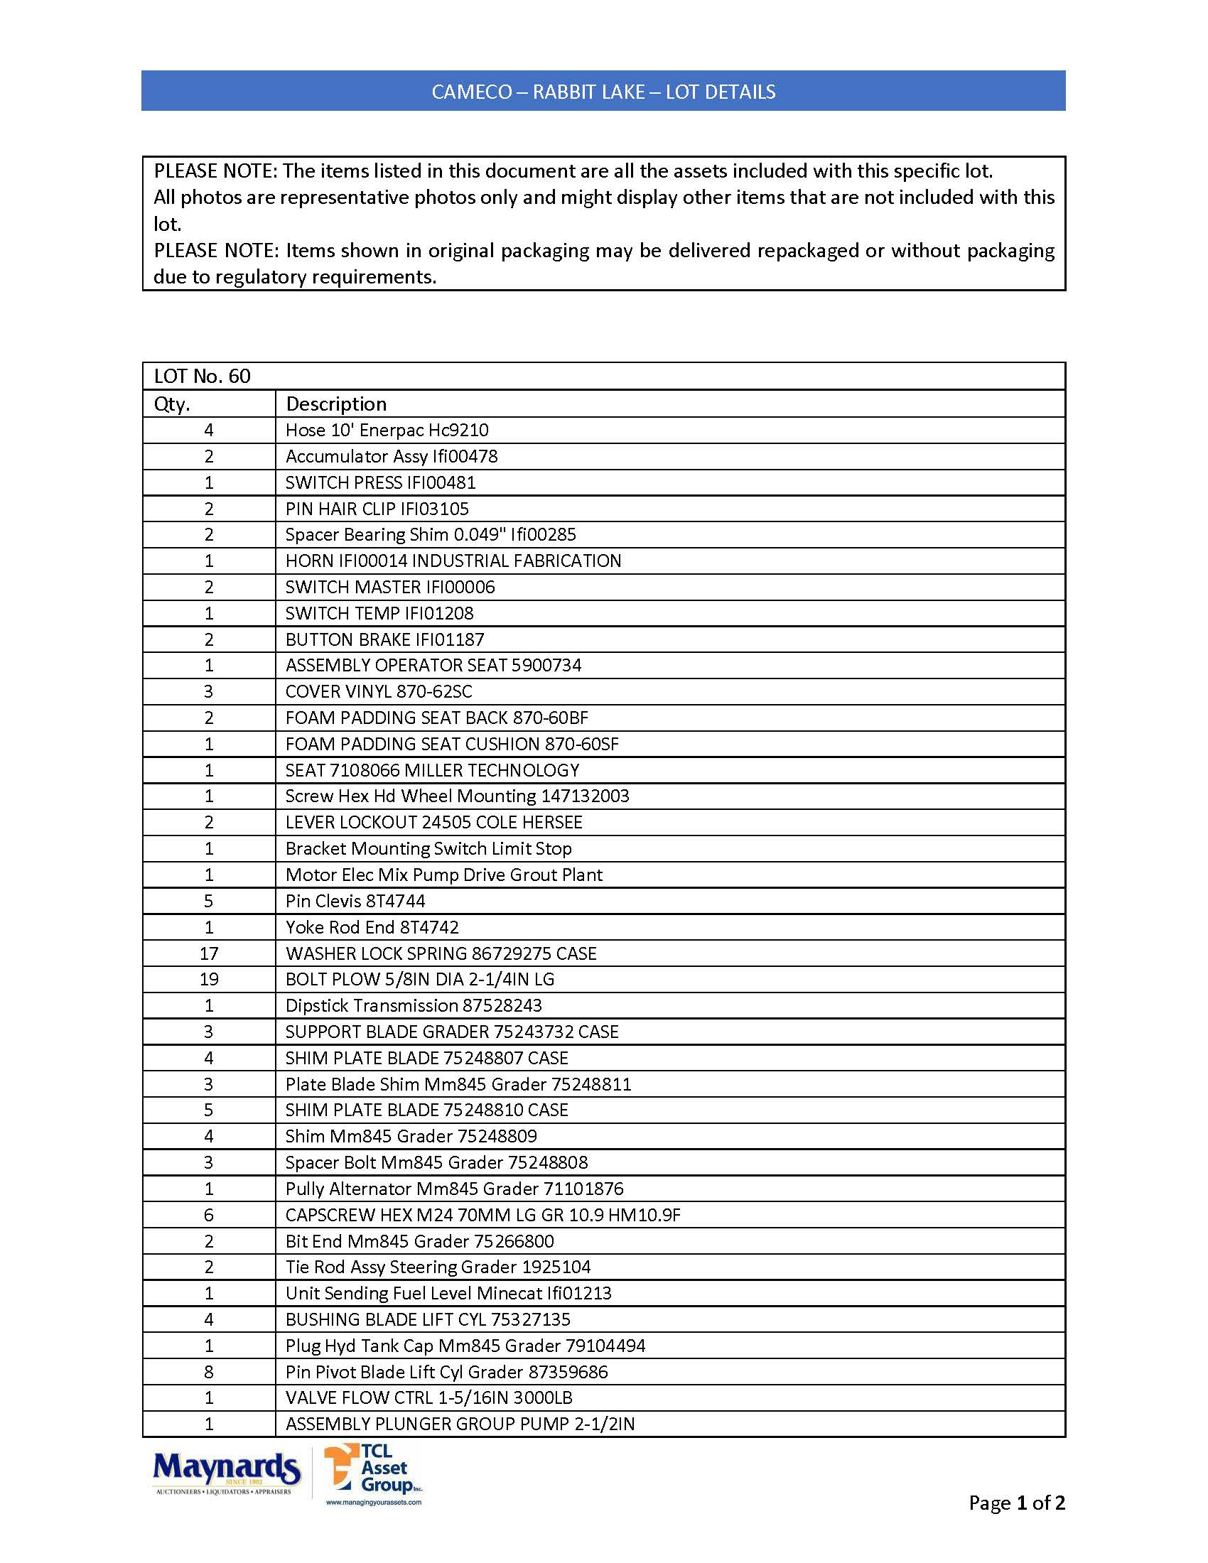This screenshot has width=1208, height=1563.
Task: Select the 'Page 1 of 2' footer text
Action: click(x=1016, y=1502)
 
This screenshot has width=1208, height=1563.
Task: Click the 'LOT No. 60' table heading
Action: click(x=203, y=377)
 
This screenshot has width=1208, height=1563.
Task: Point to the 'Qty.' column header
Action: click(x=173, y=404)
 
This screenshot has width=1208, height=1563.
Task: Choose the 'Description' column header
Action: click(x=335, y=404)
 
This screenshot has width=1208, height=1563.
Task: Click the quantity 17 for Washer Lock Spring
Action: click(x=209, y=953)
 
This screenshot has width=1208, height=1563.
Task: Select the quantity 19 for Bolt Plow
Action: click(x=209, y=980)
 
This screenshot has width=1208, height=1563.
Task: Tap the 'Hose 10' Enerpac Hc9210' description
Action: click(x=387, y=430)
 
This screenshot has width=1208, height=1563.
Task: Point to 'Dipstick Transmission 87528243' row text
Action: click(x=414, y=1005)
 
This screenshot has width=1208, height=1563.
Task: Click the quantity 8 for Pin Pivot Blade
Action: click(x=209, y=1372)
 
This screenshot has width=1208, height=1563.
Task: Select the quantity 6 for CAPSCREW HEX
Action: click(x=209, y=1215)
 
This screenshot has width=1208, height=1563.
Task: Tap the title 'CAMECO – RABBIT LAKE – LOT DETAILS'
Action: click(x=603, y=92)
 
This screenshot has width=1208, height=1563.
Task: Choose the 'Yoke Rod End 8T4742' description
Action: click(x=372, y=927)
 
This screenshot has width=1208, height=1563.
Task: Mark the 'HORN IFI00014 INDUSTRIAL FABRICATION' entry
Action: click(x=453, y=561)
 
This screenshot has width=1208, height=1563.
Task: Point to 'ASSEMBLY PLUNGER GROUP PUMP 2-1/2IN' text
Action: click(x=460, y=1424)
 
